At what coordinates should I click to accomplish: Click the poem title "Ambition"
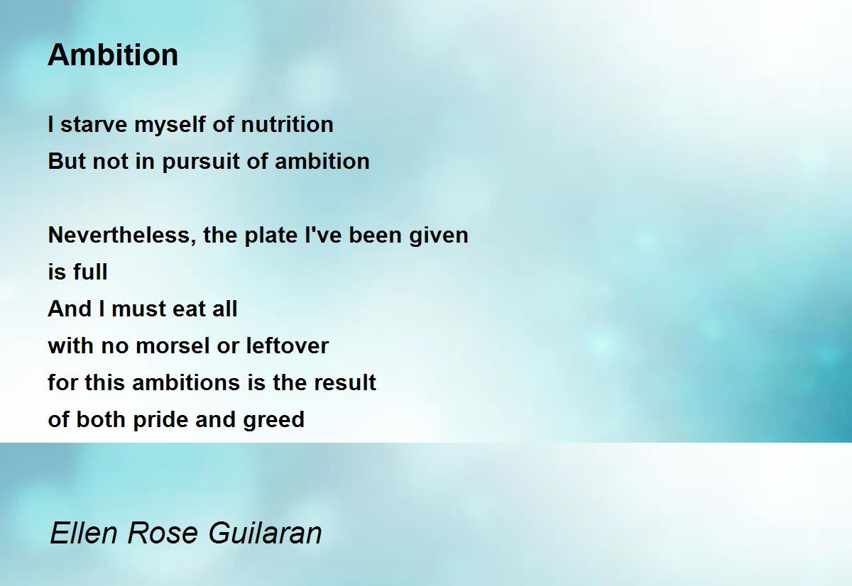click(x=113, y=55)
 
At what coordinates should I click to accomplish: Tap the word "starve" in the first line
click(x=94, y=125)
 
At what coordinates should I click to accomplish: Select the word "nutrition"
click(x=287, y=124)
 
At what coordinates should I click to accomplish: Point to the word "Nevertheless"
click(x=121, y=236)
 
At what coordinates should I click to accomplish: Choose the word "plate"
click(x=271, y=236)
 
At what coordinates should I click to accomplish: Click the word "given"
click(x=439, y=236)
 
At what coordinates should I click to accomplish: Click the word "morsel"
click(x=173, y=345)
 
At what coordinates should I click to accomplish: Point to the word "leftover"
click(x=287, y=345)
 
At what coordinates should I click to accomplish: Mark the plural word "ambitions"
click(x=186, y=382)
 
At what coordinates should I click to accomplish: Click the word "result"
click(x=345, y=382)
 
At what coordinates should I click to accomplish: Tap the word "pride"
click(x=160, y=420)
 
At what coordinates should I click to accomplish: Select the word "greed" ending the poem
click(x=274, y=420)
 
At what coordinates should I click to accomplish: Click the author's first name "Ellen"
click(x=84, y=533)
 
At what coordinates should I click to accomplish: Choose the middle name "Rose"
click(x=163, y=533)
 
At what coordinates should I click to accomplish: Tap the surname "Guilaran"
click(x=265, y=533)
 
